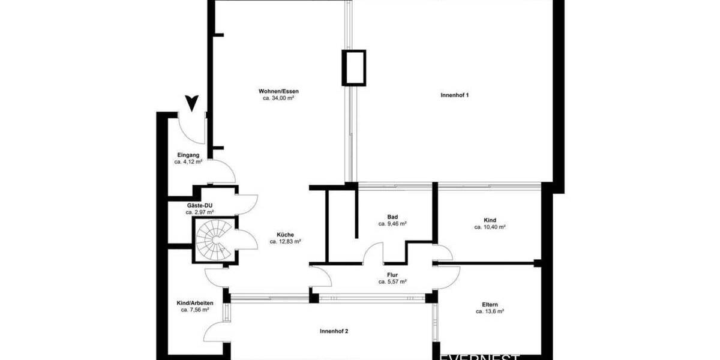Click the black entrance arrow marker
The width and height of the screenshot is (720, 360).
click(x=191, y=104)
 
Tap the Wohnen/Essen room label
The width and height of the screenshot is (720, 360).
click(x=278, y=91)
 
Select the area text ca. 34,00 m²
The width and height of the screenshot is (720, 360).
click(x=278, y=98)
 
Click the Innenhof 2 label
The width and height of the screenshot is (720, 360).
click(x=334, y=331)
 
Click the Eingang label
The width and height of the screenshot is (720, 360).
click(x=188, y=155)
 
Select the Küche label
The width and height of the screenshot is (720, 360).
click(x=285, y=235)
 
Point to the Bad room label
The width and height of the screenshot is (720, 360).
click(x=393, y=217)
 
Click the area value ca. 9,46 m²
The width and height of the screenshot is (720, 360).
click(x=393, y=224)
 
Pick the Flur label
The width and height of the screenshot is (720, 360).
click(x=393, y=274)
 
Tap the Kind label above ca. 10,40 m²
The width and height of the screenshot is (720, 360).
click(x=490, y=220)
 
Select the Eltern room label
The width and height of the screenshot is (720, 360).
click(x=490, y=304)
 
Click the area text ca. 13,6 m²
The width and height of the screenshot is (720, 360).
click(x=490, y=311)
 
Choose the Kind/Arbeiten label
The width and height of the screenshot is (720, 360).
click(x=195, y=303)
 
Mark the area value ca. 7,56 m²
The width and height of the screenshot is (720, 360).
click(x=195, y=310)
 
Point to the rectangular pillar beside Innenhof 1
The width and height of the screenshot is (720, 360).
click(x=353, y=67)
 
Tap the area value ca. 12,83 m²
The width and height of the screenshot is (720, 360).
click(x=285, y=242)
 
